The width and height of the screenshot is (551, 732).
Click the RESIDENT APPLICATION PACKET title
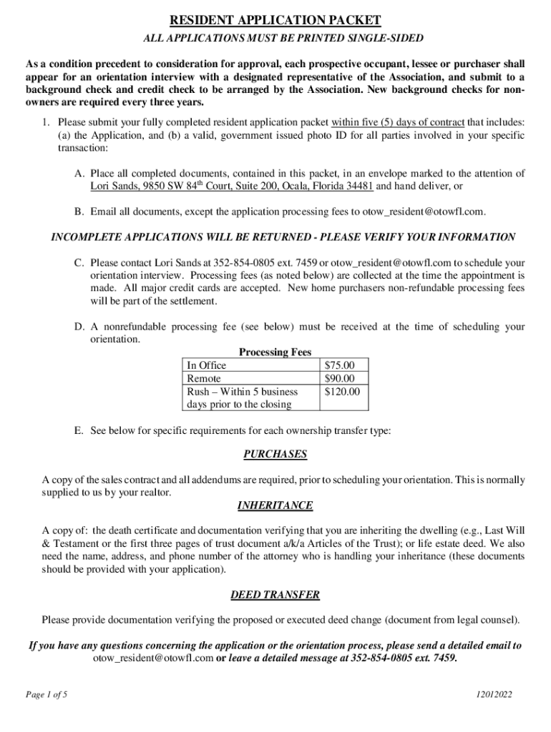click(x=275, y=21)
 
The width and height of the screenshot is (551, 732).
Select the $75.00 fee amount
click(x=339, y=365)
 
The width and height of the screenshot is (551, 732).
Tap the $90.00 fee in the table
click(x=339, y=378)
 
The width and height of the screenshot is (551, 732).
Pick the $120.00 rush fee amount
click(x=342, y=391)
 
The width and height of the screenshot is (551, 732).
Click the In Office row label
click(x=206, y=365)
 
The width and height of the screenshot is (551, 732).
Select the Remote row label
click(x=203, y=378)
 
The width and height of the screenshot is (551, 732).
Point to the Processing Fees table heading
click(x=275, y=352)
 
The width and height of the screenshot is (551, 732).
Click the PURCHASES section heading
click(x=275, y=455)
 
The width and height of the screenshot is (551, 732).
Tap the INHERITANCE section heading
click(x=275, y=505)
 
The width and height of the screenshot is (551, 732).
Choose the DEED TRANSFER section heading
click(x=275, y=595)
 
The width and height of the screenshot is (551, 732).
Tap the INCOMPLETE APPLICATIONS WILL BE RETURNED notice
click(x=283, y=237)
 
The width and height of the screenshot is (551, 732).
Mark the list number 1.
click(x=47, y=122)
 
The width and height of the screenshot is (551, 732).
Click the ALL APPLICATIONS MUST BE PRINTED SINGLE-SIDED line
click(x=275, y=38)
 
